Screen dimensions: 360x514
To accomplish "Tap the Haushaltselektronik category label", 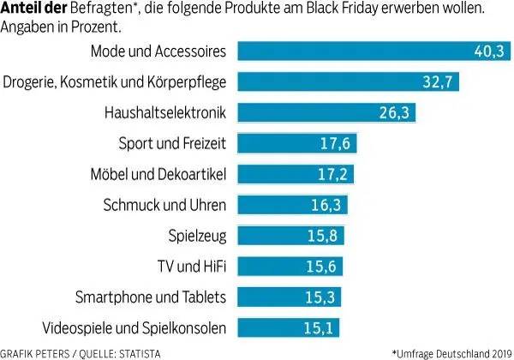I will pyautogui.click(x=165, y=113).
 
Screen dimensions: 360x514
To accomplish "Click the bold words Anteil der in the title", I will pyautogui.click(x=33, y=9).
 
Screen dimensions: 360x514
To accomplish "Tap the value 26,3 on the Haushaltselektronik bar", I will pyautogui.click(x=395, y=113).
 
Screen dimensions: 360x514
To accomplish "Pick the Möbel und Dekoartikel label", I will pyautogui.click(x=158, y=175).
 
